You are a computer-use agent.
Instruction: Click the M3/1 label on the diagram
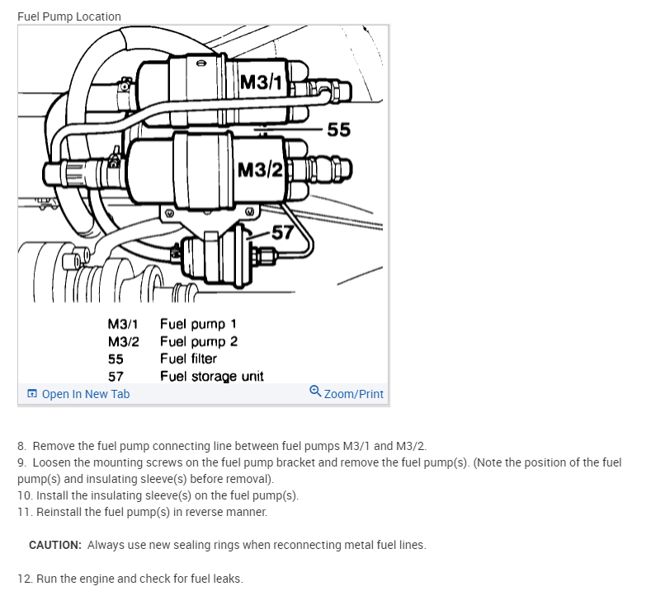click(262, 82)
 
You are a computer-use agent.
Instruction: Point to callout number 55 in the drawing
click(338, 129)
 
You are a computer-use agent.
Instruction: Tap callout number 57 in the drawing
click(283, 232)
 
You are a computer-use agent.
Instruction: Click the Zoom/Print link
click(353, 394)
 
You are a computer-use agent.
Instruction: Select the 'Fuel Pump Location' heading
click(69, 16)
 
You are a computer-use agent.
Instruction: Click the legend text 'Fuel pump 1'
click(198, 324)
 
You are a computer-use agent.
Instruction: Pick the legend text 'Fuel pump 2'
click(199, 341)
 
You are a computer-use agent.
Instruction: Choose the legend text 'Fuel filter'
click(188, 359)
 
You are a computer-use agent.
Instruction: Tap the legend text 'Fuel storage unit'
click(211, 376)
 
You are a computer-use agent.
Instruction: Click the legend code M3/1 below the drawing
click(123, 324)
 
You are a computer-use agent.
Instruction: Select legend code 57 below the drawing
click(116, 376)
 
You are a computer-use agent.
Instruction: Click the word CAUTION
click(54, 545)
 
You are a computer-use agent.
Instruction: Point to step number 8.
click(21, 446)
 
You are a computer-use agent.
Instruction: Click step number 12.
click(24, 579)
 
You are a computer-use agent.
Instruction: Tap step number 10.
click(24, 495)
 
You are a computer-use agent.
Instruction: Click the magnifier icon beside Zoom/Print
click(315, 392)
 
